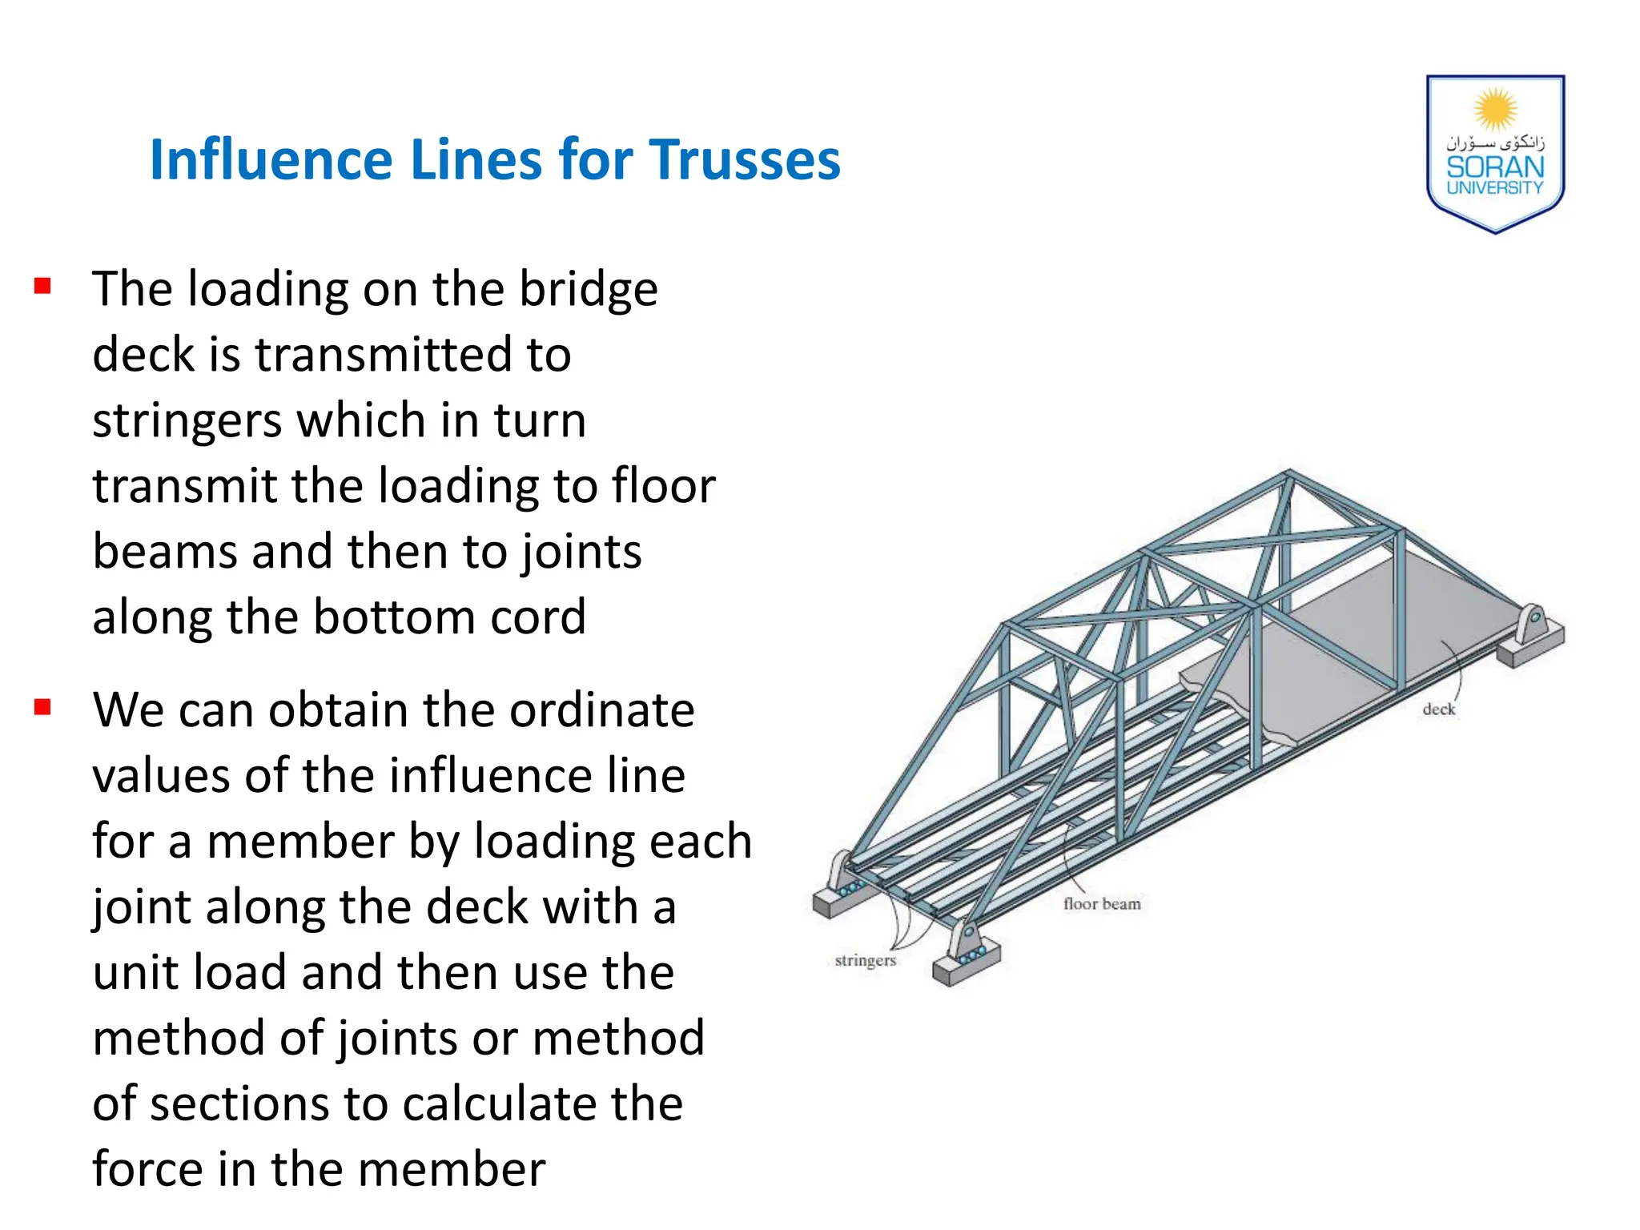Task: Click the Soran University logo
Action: coord(1494,153)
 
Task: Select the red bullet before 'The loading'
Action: coord(43,286)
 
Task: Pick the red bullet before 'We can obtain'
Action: coord(43,707)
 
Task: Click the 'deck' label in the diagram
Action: coord(1438,709)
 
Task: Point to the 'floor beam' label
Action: coord(1102,904)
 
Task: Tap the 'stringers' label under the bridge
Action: coord(865,960)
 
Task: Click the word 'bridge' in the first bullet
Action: coord(588,289)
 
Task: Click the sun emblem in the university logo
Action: coord(1495,109)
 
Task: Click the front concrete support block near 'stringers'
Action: coord(967,961)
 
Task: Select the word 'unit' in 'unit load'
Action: coord(131,973)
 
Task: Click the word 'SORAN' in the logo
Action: coord(1494,167)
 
